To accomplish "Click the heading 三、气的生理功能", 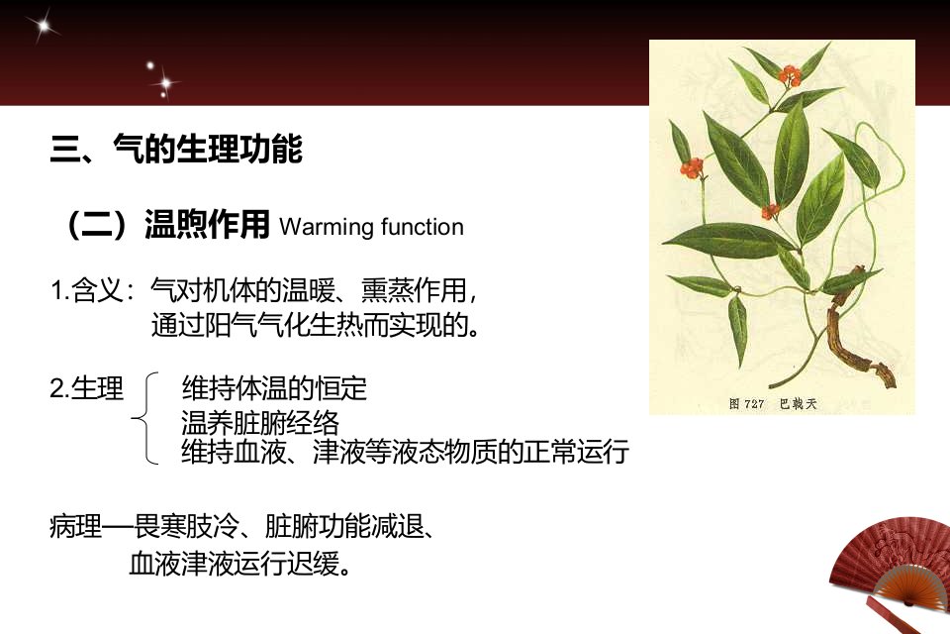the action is coord(176,149).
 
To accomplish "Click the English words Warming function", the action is coord(371,227).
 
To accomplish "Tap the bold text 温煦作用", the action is coord(207,224).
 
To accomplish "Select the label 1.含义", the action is coord(92,290).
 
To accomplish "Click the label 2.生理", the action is coord(87,388).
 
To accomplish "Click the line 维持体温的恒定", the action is coord(274,388).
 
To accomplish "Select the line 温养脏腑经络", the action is coord(260,422).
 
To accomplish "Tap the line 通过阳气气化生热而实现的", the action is coord(316,325).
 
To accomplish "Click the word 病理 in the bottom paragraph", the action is coord(76,526).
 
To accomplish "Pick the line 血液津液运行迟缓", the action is coord(240,565).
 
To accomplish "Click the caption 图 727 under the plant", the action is coord(746,403).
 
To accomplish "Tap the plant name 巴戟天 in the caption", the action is coord(798,403).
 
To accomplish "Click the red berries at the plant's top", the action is coord(790,75).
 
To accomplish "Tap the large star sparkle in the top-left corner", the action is coord(43,26).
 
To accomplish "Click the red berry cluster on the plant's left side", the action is coord(692,167).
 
